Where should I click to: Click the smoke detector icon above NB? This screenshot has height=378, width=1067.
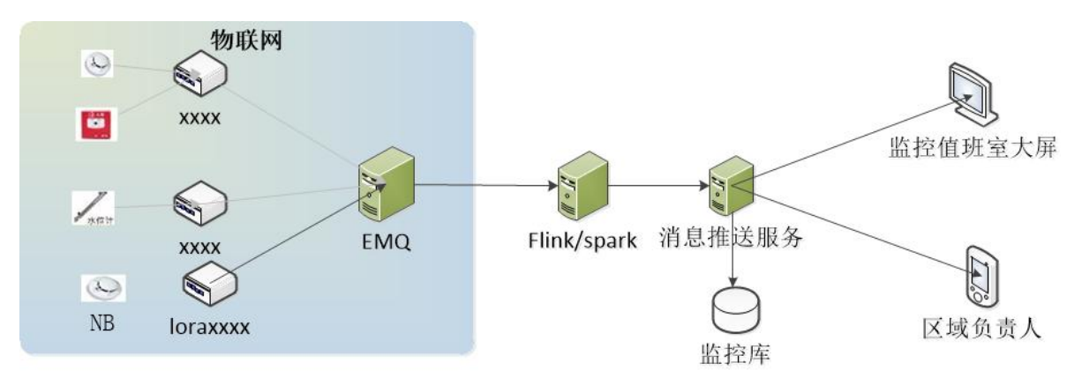point(99,286)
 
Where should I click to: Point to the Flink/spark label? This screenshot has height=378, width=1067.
point(577,240)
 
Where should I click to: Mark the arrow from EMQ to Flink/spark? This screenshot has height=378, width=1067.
point(481,186)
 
